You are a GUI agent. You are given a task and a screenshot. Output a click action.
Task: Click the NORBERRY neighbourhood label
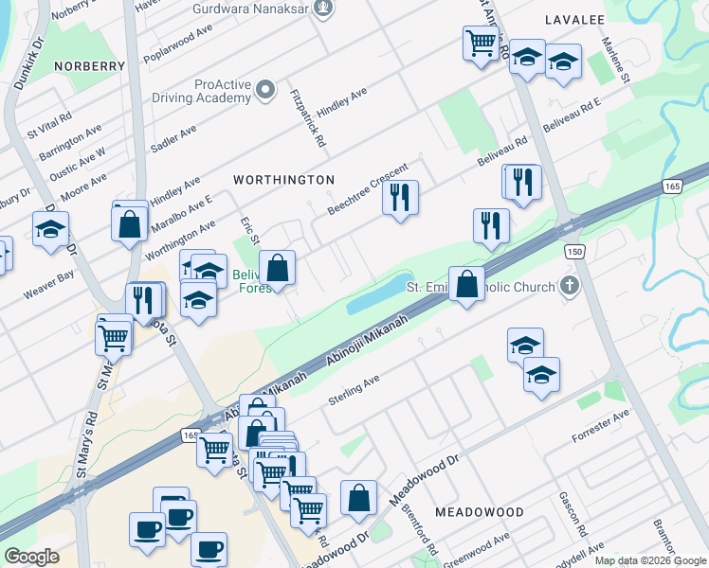point(90,66)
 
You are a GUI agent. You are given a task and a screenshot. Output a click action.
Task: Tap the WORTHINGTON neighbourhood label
point(283,180)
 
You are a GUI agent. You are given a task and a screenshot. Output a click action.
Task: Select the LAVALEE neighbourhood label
point(574,19)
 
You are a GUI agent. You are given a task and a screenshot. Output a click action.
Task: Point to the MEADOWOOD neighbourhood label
point(479,512)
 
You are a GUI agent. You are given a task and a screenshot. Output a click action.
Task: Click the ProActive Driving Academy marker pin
point(266,91)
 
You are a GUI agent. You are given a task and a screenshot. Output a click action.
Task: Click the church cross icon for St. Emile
point(569,285)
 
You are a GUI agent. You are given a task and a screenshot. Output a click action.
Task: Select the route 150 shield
point(573,251)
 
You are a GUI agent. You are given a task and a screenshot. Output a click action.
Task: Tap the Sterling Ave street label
point(354,390)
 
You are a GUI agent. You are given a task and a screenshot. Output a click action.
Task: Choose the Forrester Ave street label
point(600,427)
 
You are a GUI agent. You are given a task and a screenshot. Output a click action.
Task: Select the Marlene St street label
point(617,61)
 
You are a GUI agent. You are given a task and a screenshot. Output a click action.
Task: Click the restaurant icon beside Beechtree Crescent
point(400,198)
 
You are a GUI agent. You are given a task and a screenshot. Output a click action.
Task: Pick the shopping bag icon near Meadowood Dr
point(358,498)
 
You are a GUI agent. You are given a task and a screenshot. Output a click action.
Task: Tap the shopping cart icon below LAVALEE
point(481,43)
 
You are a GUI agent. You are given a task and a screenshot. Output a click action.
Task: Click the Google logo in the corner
point(31,557)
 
